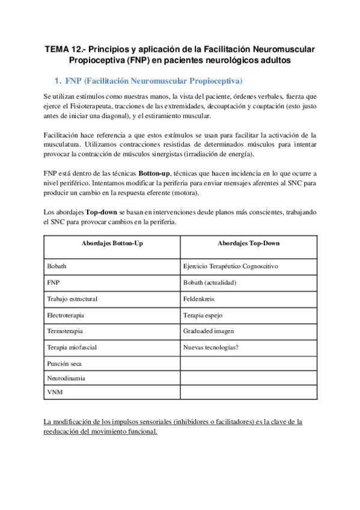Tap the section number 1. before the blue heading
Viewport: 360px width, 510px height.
[58, 80]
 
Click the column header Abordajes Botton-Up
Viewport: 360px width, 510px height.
[112, 244]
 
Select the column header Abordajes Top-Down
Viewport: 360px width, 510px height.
[248, 244]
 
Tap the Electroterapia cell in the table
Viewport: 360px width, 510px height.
[66, 315]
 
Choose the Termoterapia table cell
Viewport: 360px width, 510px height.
[64, 331]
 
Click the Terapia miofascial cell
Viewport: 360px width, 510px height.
[72, 347]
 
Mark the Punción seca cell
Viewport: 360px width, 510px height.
[64, 363]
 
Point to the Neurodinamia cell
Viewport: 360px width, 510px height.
[66, 378]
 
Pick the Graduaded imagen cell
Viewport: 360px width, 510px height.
[208, 331]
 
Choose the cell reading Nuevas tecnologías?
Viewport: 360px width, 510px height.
[211, 347]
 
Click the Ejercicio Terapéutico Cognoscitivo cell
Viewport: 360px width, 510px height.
[230, 265]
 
